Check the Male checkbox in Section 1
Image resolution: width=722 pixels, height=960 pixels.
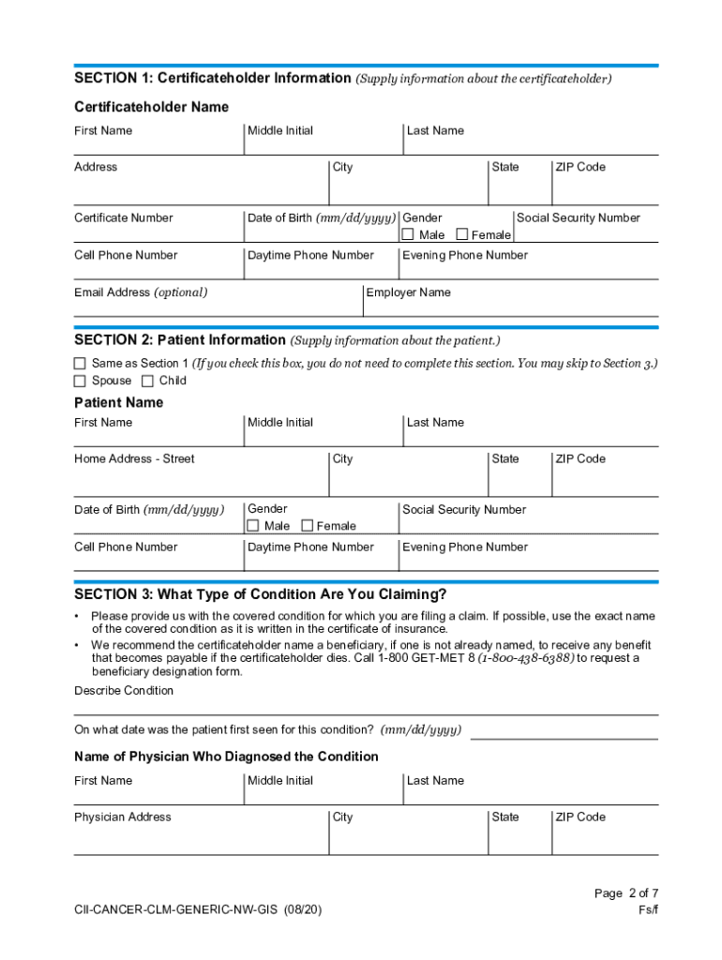tap(408, 234)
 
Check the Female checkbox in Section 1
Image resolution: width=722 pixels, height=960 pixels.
tap(461, 234)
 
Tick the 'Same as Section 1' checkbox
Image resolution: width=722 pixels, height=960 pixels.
tap(80, 363)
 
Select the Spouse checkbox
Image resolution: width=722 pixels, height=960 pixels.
tap(80, 381)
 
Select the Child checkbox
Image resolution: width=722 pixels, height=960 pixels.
tap(147, 381)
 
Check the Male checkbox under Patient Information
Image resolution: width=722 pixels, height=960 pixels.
tap(253, 526)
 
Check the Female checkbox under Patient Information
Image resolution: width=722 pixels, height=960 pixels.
tap(306, 526)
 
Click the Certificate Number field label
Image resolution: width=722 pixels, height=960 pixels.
tap(124, 217)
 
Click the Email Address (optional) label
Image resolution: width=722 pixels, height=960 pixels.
tap(141, 292)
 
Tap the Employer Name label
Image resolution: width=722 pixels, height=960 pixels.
tap(408, 292)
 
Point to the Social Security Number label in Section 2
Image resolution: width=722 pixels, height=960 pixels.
tap(464, 509)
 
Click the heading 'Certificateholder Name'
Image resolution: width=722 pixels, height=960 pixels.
tap(151, 107)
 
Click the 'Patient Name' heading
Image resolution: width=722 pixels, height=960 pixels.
tap(118, 402)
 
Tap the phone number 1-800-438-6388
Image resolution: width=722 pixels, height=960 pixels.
tap(526, 658)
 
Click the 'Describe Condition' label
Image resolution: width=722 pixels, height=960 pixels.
tap(124, 690)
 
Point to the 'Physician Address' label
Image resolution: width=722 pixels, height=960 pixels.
tap(123, 817)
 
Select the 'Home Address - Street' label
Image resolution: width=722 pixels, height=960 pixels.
tap(134, 458)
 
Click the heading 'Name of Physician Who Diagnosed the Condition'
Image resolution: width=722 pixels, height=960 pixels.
tap(226, 757)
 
